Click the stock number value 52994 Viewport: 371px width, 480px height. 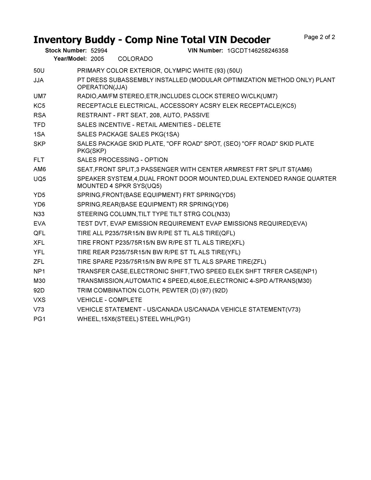point(99,51)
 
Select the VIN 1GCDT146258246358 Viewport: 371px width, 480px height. point(258,51)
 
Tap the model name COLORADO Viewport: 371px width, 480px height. point(135,59)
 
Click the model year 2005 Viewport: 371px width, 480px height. point(97,59)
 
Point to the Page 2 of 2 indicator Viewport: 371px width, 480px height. point(319,37)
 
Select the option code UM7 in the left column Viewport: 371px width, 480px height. point(40,96)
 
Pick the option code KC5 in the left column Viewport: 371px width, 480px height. point(39,106)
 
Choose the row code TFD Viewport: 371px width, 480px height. point(39,125)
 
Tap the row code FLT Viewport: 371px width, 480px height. point(39,160)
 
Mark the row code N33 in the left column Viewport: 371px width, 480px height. point(39,214)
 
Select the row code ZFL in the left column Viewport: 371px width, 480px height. point(39,262)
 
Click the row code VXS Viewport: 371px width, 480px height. point(39,300)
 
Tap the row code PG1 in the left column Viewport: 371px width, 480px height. point(39,319)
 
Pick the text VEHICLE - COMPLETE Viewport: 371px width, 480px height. point(110,300)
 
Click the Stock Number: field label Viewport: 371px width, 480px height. point(66,51)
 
